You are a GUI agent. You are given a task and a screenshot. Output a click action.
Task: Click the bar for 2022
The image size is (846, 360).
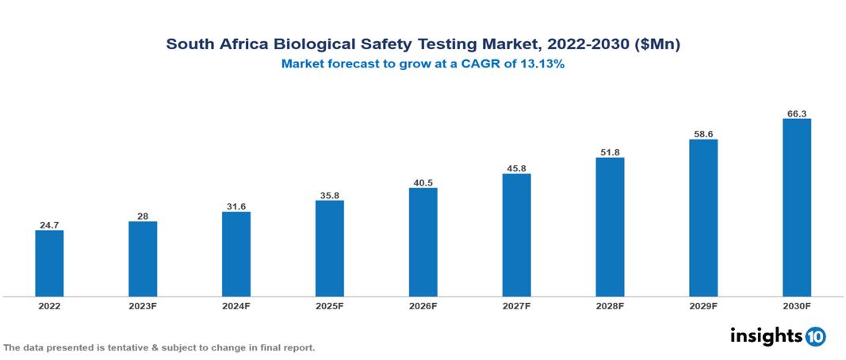pos(49,263)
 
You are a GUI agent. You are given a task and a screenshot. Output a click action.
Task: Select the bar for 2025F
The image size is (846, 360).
pos(330,248)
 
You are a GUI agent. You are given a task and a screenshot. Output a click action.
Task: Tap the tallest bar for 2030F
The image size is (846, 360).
pos(797,208)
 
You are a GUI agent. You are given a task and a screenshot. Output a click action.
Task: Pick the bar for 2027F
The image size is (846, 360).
pos(516,235)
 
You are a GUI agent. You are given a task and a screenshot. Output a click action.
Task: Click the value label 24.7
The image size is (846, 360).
pos(49,224)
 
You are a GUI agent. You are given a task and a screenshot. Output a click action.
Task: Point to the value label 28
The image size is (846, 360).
pos(143,216)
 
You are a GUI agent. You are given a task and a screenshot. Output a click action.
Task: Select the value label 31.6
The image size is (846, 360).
pos(236,206)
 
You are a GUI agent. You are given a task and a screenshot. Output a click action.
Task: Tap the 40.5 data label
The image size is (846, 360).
pos(423,182)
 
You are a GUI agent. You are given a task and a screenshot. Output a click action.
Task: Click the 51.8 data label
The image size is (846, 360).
pos(610,151)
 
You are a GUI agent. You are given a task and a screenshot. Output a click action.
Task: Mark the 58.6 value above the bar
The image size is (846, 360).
pos(703,134)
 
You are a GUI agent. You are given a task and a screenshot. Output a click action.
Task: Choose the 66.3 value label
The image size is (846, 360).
pos(797,113)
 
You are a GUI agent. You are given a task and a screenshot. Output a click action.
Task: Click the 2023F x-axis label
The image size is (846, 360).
pos(143,306)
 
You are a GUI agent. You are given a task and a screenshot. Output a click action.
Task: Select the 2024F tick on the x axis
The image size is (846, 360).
pos(236,306)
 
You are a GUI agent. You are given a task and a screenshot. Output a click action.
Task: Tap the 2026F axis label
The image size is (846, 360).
pos(423,306)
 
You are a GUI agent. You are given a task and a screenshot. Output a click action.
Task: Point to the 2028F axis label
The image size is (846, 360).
pos(610,306)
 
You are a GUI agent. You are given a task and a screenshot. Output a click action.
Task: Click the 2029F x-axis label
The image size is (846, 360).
pos(703,306)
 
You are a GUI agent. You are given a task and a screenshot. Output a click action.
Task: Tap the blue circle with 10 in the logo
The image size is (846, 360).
pos(816,336)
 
